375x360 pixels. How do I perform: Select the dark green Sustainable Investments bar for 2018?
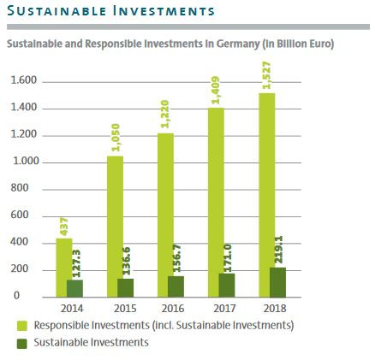[x=277, y=282]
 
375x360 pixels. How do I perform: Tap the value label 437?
[x=64, y=227]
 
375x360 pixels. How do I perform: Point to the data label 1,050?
[x=115, y=137]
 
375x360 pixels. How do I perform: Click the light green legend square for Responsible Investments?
[x=22, y=326]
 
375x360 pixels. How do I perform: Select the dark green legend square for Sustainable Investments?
[x=22, y=343]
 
